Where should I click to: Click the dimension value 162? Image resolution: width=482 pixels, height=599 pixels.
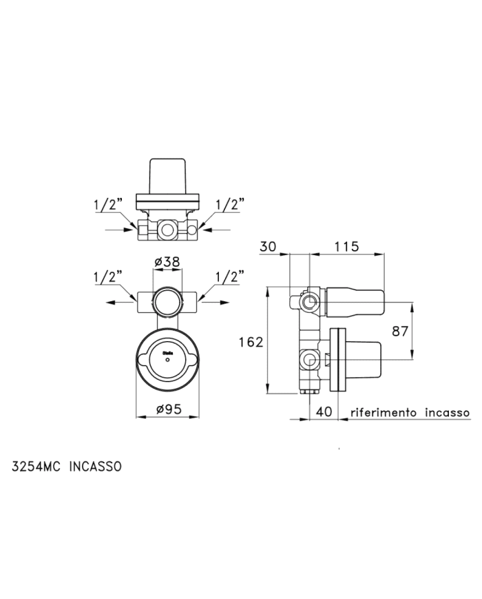click(251, 342)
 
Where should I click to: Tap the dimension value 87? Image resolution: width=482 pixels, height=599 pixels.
click(400, 331)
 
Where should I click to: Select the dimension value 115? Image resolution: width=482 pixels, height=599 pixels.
click(346, 246)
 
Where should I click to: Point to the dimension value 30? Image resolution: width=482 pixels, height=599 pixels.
click(268, 246)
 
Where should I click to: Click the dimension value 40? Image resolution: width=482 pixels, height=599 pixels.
click(324, 412)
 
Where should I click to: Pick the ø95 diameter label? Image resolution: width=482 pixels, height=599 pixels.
click(168, 409)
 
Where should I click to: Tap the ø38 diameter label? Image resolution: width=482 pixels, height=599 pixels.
click(167, 262)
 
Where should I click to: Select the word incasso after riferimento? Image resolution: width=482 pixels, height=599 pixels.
click(447, 413)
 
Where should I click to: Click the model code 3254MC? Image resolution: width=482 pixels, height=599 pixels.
click(36, 467)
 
